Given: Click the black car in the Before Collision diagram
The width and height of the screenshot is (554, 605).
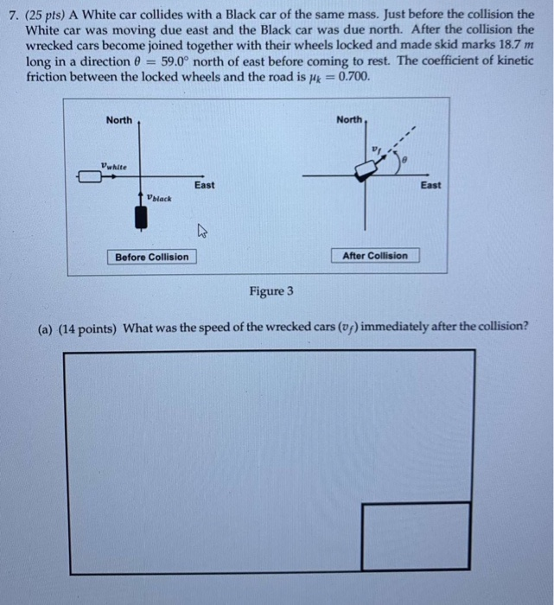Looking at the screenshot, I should [139, 217].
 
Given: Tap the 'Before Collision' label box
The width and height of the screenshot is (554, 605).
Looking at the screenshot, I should [151, 257].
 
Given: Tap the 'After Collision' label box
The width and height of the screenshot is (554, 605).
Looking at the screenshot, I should [375, 256].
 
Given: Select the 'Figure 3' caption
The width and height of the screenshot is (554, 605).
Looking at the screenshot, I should [271, 291].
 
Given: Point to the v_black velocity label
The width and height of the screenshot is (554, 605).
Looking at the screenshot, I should [159, 198].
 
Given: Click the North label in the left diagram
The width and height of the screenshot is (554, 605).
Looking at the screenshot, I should [119, 120].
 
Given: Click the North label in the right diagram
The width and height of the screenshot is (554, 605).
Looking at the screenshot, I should [349, 119].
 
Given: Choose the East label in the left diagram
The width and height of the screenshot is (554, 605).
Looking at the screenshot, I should [204, 185].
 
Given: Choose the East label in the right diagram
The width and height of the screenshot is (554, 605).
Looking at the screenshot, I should [430, 185].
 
